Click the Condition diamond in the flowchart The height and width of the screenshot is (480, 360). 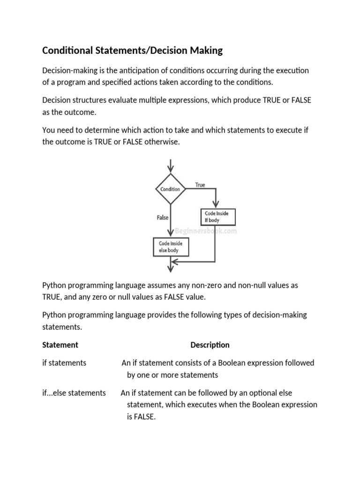click(x=170, y=189)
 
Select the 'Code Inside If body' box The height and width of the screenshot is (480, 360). click(x=217, y=217)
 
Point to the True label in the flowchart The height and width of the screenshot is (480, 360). click(x=200, y=185)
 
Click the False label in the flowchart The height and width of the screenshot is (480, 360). click(x=162, y=217)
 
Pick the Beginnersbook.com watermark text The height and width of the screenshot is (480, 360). click(x=206, y=231)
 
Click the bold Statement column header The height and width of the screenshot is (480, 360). click(x=60, y=345)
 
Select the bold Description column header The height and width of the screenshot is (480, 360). click(x=210, y=345)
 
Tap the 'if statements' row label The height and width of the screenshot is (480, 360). click(x=64, y=363)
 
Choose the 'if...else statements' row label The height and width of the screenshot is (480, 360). click(x=74, y=393)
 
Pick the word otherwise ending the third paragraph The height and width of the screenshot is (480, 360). click(x=162, y=142)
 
